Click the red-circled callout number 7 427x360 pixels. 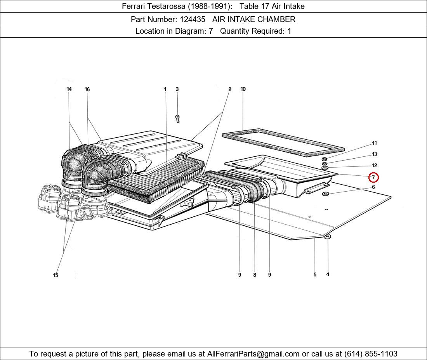coord(373,177)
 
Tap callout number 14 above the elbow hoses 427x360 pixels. coord(69,89)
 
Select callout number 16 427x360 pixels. coord(87,89)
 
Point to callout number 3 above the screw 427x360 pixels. coord(177,89)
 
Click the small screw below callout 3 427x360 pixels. coord(178,118)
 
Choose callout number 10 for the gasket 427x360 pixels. coord(243,89)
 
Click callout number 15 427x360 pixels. coord(56,275)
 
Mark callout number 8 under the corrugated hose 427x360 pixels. coord(255,275)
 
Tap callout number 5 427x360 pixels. coord(315,275)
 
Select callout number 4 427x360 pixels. coord(328,274)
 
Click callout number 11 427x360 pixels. coord(374,143)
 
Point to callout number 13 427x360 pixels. coord(374,154)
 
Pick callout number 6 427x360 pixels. coord(373,187)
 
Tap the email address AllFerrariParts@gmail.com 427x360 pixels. coord(253,354)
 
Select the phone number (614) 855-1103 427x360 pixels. coord(371,354)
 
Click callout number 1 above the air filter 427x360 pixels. coord(165,89)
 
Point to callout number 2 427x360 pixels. coord(229,89)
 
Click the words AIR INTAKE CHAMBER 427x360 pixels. coord(254,19)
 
